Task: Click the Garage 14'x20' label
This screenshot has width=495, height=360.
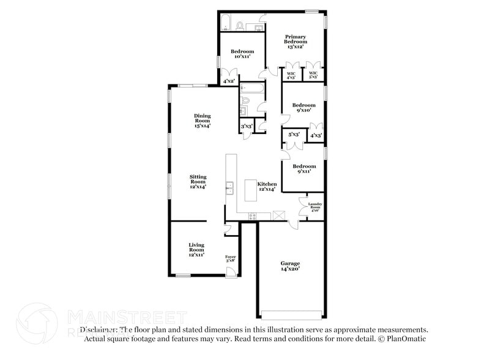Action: click(290, 266)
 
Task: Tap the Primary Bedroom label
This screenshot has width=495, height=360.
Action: click(294, 41)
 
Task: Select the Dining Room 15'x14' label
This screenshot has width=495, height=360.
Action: click(202, 121)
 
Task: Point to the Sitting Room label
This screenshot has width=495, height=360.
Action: click(198, 182)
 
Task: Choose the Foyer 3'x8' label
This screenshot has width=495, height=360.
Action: click(231, 259)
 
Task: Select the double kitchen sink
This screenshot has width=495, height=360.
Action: click(231, 187)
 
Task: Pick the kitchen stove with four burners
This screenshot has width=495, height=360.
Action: click(253, 215)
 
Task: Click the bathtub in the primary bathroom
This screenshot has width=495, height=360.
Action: click(225, 25)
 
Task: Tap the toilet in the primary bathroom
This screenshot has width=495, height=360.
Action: click(240, 26)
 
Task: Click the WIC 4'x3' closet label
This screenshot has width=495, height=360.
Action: click(291, 75)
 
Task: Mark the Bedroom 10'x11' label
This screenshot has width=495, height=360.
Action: click(242, 54)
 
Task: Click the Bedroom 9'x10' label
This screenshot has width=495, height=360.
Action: click(303, 107)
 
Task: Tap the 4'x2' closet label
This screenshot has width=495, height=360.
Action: click(229, 81)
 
